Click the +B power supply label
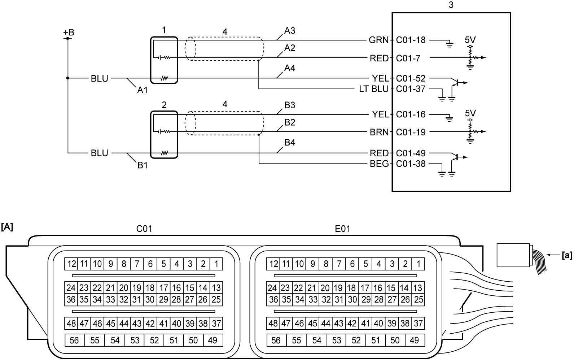[69, 32]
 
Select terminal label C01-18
[411, 40]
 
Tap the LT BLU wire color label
[374, 89]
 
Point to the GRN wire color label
[379, 40]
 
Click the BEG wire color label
[379, 164]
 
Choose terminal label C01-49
[411, 153]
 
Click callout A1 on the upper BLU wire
[143, 90]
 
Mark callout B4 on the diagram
[290, 142]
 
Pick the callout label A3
[290, 31]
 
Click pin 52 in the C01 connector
[154, 340]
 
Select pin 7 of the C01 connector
[137, 264]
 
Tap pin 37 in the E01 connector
[418, 324]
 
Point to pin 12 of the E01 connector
[273, 264]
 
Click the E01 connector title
[343, 229]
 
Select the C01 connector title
[144, 229]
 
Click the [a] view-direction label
[566, 255]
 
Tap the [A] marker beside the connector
[7, 227]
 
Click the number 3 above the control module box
[451, 5]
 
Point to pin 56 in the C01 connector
[74, 340]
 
